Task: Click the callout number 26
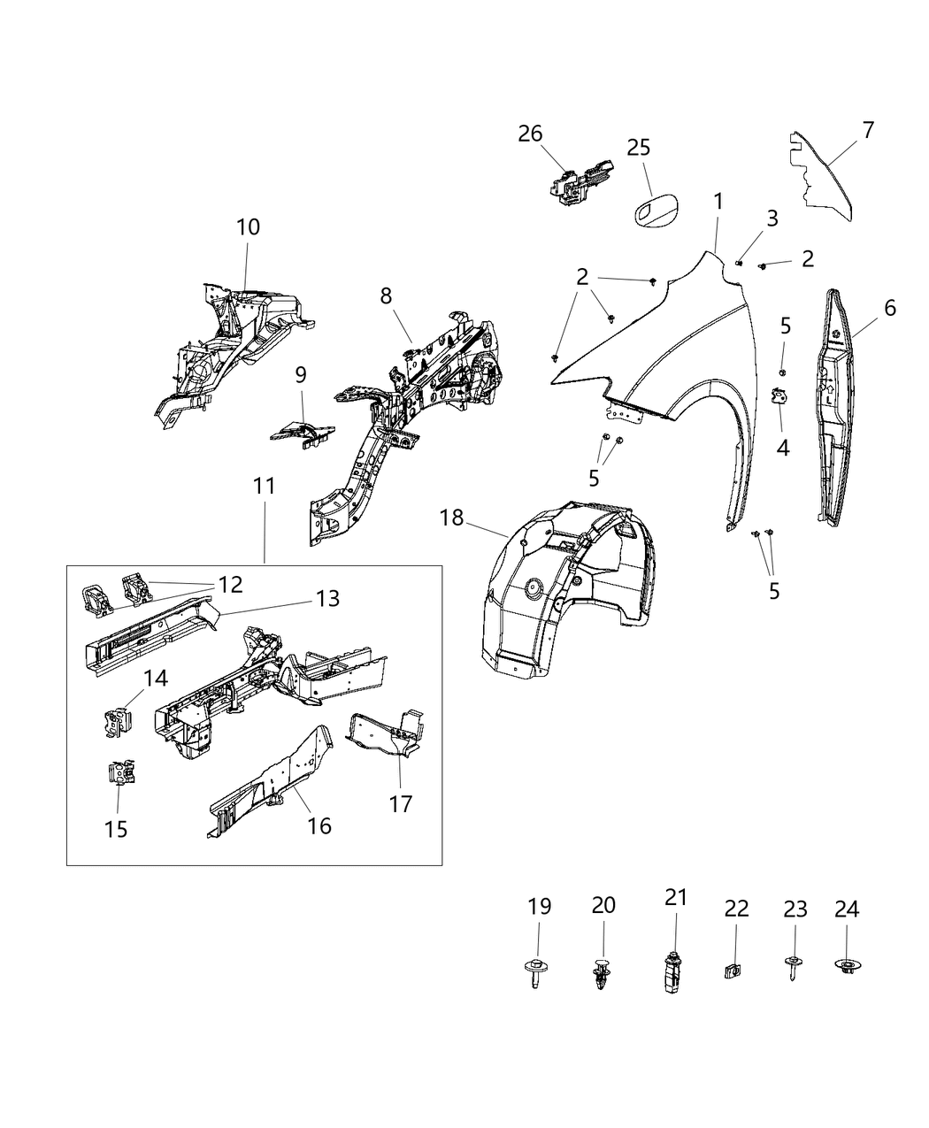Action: (530, 134)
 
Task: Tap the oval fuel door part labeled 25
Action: (656, 218)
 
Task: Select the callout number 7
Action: (868, 130)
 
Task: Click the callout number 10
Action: (248, 226)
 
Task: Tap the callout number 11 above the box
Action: (264, 486)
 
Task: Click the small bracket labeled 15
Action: (119, 773)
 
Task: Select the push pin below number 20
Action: (603, 972)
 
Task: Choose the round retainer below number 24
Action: (847, 967)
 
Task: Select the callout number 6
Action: (889, 308)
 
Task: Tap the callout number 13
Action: (326, 599)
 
